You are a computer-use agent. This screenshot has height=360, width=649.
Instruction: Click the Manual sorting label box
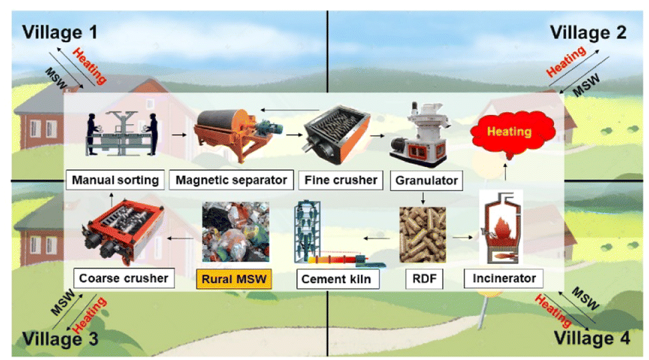115,180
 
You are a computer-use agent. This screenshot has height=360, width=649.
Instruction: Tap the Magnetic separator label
231,180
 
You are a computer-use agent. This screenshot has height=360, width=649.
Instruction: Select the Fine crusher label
341,180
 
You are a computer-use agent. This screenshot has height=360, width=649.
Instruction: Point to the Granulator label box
426,180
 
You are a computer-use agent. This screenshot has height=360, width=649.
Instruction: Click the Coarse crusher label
124,278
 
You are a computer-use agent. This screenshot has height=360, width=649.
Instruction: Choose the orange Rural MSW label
234,279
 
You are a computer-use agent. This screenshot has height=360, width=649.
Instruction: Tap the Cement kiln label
336,279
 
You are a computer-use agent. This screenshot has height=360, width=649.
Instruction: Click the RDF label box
424,279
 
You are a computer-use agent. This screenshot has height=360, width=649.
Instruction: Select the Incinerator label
504,278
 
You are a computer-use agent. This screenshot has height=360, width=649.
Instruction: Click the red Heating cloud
511,132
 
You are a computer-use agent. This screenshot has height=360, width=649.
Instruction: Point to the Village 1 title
59,32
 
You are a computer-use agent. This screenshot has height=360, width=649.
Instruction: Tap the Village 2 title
588,33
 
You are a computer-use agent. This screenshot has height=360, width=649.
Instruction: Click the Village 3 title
60,339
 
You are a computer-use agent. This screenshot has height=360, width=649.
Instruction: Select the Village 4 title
592,338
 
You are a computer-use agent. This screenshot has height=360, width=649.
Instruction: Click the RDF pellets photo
422,234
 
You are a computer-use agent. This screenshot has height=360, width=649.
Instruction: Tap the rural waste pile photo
235,232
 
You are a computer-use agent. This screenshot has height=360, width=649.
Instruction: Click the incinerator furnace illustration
501,228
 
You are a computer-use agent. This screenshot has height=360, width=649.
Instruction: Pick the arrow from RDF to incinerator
463,237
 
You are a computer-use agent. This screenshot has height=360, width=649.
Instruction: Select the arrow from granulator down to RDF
423,198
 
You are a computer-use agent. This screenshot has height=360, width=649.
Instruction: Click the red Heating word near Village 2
566,61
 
